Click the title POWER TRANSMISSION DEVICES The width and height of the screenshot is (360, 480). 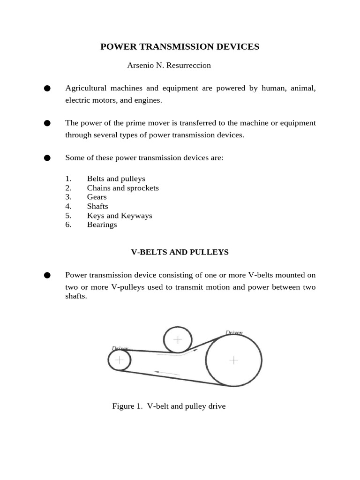180,47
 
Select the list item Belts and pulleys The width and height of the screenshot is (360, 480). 116,179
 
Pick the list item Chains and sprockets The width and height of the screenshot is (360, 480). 123,188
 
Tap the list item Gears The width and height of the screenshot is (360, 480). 97,197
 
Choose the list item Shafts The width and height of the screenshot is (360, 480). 97,206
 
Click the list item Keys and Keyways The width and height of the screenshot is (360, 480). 120,216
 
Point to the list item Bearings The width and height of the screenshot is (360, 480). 102,225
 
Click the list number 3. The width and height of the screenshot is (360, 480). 68,197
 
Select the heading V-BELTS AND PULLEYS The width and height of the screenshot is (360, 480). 180,252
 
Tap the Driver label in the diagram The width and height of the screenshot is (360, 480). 120,348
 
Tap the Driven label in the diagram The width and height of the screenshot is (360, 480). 234,333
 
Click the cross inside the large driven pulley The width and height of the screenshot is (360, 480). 233,360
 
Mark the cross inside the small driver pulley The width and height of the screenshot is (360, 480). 120,360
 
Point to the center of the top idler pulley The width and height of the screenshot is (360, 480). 178,339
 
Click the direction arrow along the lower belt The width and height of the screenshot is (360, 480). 166,373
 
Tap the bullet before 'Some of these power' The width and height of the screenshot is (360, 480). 47,158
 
